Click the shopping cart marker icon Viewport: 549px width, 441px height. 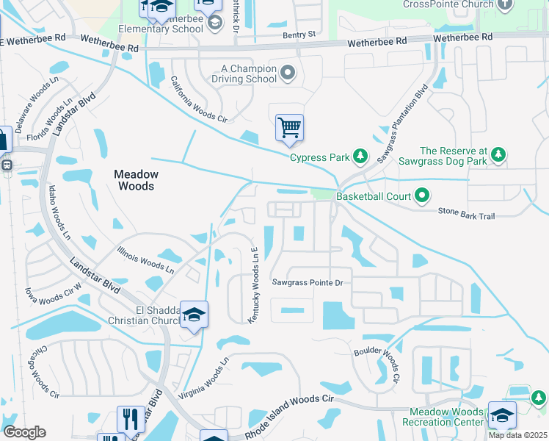[x=289, y=128]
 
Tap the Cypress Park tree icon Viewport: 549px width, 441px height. [x=360, y=156]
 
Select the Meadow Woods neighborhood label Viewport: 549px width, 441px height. [x=136, y=180]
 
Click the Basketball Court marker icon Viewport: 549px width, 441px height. [x=421, y=196]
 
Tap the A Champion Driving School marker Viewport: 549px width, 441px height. [x=288, y=73]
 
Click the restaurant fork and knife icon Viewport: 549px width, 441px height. [x=131, y=419]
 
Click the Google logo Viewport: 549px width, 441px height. [x=24, y=431]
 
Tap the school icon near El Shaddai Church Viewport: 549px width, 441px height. [x=194, y=315]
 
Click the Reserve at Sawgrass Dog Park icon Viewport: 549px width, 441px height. [x=498, y=154]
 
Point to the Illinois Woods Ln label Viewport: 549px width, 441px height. [x=145, y=259]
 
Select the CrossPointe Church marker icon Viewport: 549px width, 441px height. [x=505, y=4]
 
